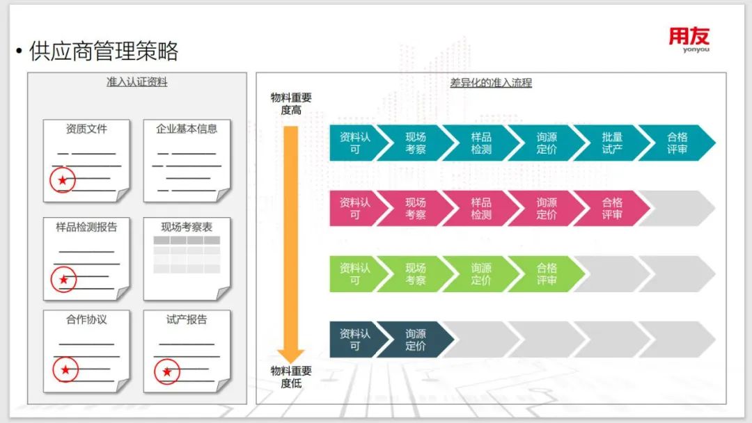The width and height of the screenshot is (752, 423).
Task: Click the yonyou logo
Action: tap(689, 40)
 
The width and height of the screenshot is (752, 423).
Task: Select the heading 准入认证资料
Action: tap(136, 82)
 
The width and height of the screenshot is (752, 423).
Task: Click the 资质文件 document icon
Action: tap(86, 161)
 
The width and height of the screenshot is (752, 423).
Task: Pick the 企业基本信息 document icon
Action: tap(187, 161)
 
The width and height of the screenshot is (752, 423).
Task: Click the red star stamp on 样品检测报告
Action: tap(63, 280)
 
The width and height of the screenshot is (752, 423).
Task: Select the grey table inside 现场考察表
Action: tap(187, 255)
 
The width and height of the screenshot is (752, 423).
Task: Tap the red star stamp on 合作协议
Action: tap(65, 369)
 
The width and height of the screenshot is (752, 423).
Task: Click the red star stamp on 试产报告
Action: tap(166, 372)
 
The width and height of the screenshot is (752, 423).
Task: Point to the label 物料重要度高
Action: tap(291, 104)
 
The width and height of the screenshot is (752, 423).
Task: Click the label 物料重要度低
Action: tap(291, 376)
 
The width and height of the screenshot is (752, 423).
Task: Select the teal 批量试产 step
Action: tap(611, 143)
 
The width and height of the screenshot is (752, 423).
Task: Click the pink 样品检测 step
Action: tap(480, 208)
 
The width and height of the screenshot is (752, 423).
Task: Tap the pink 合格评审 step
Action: tap(611, 208)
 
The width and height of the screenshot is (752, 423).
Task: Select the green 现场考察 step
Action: tap(415, 273)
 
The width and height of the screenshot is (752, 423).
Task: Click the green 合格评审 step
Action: tap(546, 273)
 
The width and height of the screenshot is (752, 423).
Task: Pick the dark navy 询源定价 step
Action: tap(415, 340)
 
